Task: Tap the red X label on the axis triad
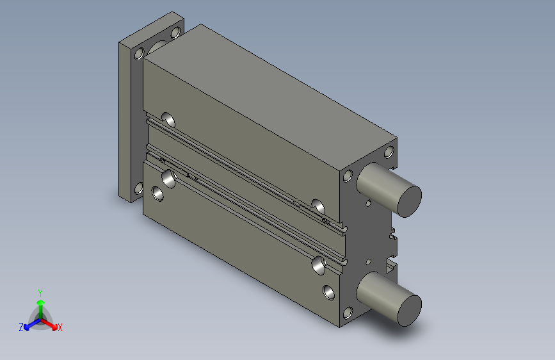(x=60, y=328)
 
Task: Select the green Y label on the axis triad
(x=40, y=292)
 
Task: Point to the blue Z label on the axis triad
(x=21, y=327)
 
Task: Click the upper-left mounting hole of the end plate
(x=138, y=54)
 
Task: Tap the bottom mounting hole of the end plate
(x=138, y=188)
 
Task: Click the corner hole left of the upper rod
(x=348, y=176)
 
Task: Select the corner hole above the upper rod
(x=388, y=152)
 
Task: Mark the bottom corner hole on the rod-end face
(x=348, y=313)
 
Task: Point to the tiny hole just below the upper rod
(x=369, y=203)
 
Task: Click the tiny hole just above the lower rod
(x=368, y=261)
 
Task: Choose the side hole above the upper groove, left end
(x=170, y=119)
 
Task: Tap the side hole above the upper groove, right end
(x=318, y=206)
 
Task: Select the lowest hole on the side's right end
(x=329, y=293)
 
